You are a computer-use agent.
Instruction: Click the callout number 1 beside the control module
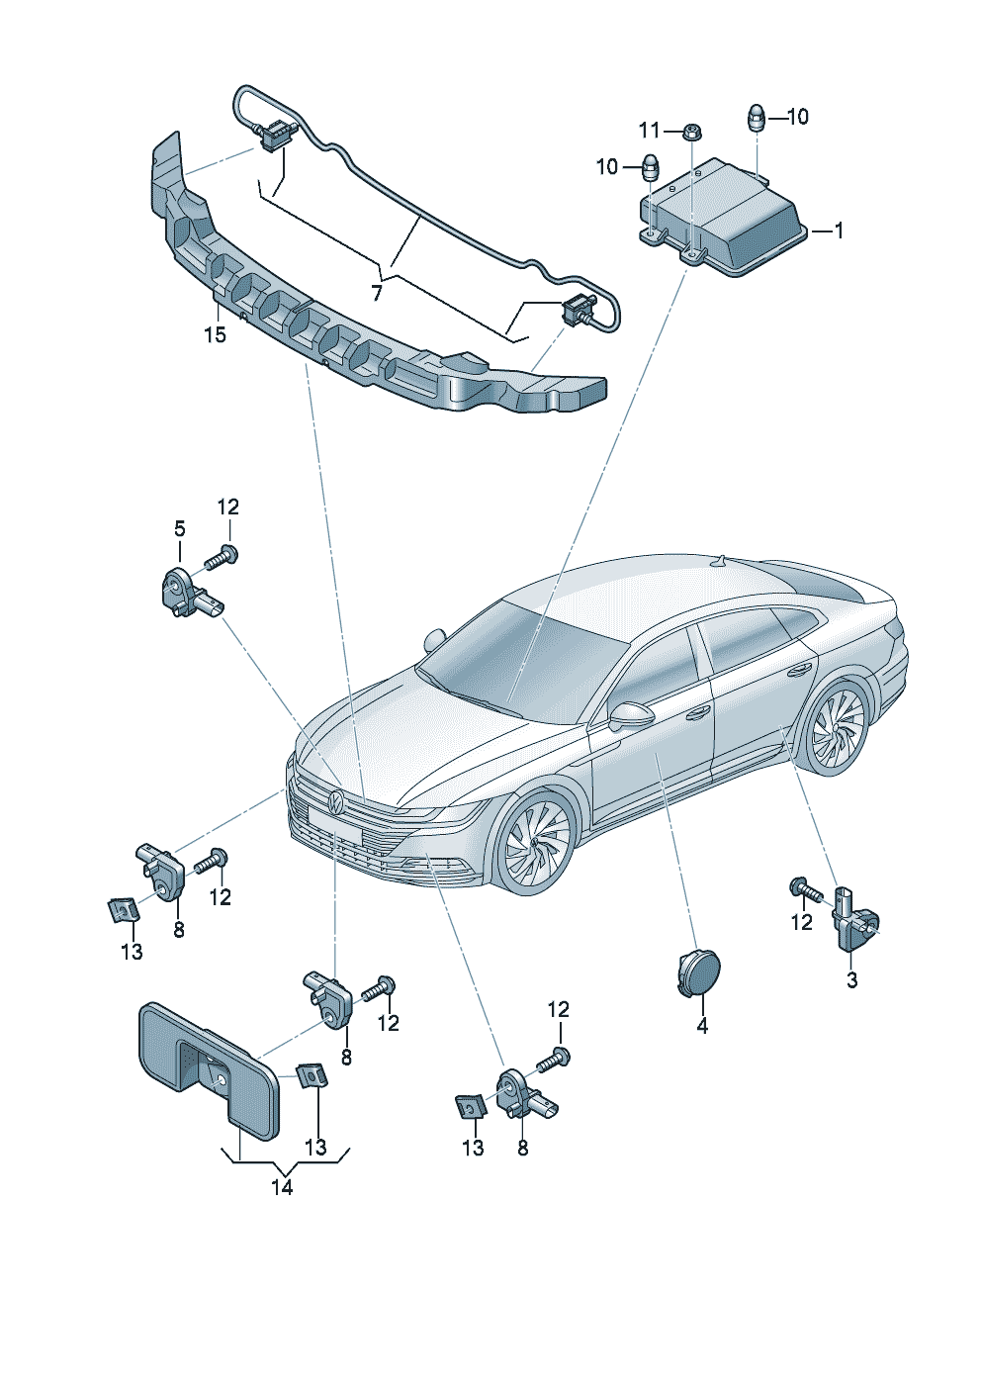click(839, 231)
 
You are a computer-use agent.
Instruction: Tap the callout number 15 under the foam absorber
click(215, 335)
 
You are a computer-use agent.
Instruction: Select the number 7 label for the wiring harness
click(376, 293)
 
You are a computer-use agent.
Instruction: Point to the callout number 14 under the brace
click(282, 1187)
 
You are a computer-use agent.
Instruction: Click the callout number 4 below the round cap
click(702, 1027)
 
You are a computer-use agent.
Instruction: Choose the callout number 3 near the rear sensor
click(851, 980)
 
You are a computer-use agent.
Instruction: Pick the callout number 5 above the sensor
click(180, 529)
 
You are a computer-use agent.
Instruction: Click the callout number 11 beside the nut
click(649, 131)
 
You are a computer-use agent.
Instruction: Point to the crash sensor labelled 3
click(854, 922)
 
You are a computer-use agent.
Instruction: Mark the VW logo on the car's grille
click(336, 800)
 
